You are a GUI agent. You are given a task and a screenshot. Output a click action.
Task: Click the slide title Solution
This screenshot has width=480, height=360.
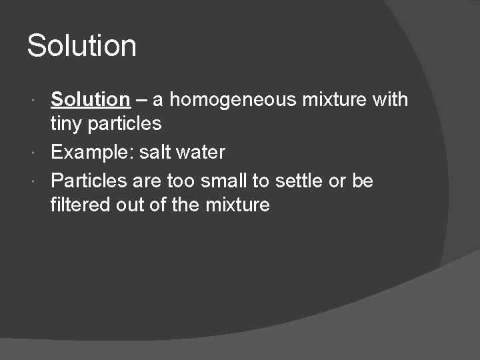pyautogui.click(x=81, y=46)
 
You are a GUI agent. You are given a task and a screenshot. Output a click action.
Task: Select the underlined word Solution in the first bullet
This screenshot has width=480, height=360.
pyautogui.click(x=90, y=100)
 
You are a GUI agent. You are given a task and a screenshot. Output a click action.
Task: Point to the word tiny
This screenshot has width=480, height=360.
pyautogui.click(x=65, y=123)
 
